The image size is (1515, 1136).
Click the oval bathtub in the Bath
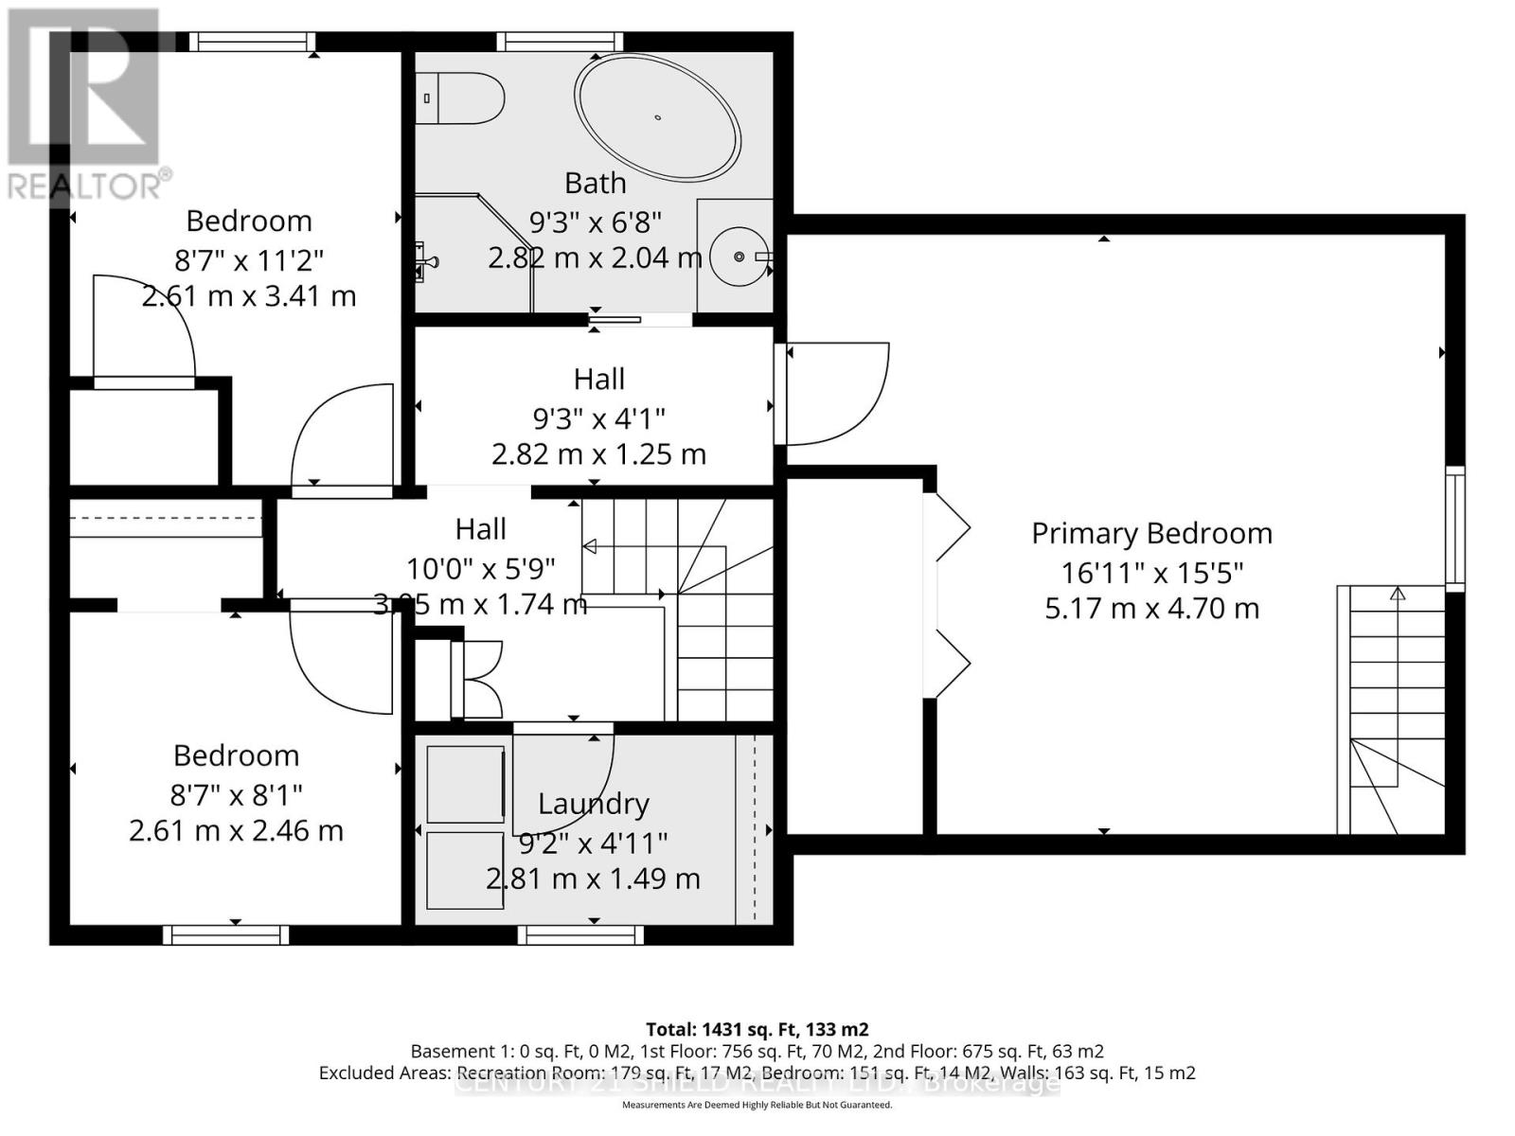657,117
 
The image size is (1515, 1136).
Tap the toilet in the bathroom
461,98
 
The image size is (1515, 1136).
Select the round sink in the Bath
740,256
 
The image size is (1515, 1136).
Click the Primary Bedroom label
1151,533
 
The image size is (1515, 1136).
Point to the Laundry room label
594,804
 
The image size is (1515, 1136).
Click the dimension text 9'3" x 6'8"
595,222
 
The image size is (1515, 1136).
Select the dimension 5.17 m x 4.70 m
1151,608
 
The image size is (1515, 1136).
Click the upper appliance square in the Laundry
465,784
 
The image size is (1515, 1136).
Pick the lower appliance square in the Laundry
465,870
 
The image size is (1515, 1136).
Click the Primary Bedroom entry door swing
833,393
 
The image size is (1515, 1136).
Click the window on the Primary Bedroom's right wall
1454,527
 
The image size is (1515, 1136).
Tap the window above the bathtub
560,42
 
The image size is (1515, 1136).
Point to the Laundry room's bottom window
580,935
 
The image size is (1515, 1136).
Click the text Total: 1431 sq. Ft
757,1029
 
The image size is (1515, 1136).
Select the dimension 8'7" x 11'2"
249,259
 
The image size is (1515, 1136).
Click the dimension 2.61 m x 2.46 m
236,831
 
